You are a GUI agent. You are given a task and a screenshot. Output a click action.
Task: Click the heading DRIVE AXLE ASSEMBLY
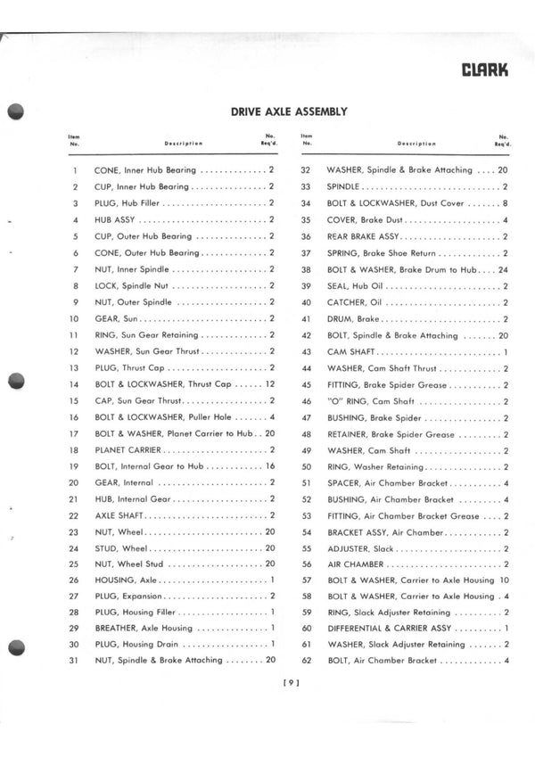click(x=289, y=111)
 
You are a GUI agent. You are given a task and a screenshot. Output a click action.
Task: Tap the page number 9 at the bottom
click(x=289, y=684)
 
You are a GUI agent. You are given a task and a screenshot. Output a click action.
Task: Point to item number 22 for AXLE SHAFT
click(x=75, y=516)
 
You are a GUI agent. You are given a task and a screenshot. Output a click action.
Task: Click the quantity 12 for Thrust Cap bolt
click(x=269, y=384)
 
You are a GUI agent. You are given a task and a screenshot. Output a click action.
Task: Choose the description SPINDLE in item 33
click(x=343, y=187)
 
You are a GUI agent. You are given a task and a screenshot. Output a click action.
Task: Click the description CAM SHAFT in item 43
click(x=350, y=352)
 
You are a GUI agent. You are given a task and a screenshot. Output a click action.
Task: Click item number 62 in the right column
click(x=305, y=661)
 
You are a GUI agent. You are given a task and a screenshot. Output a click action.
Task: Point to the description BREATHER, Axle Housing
click(x=143, y=628)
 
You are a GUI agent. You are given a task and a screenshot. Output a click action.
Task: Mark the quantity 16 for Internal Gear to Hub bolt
click(x=269, y=466)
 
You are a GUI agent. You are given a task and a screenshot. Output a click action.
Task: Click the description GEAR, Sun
click(x=116, y=318)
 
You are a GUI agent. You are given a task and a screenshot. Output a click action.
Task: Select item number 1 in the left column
click(x=75, y=170)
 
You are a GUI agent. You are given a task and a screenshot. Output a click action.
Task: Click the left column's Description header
click(x=184, y=143)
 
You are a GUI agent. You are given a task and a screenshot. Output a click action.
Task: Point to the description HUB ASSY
click(x=114, y=220)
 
